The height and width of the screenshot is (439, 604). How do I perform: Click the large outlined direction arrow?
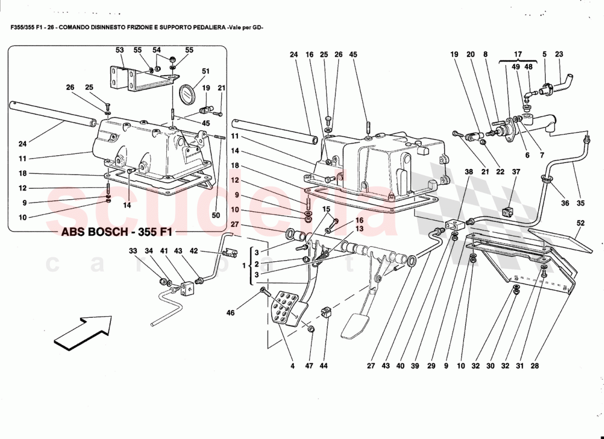[87, 331]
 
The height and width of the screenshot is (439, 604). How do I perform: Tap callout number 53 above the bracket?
[120, 50]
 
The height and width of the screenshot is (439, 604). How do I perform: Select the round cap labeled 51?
[188, 93]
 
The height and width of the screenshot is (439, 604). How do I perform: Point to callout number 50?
[216, 215]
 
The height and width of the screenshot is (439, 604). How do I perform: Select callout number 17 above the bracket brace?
[517, 54]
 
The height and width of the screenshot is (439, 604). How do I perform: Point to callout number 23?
[559, 54]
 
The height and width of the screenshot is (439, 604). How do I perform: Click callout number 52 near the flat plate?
[580, 223]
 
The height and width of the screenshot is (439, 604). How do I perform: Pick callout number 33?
[132, 251]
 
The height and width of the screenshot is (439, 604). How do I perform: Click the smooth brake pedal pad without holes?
[354, 327]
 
